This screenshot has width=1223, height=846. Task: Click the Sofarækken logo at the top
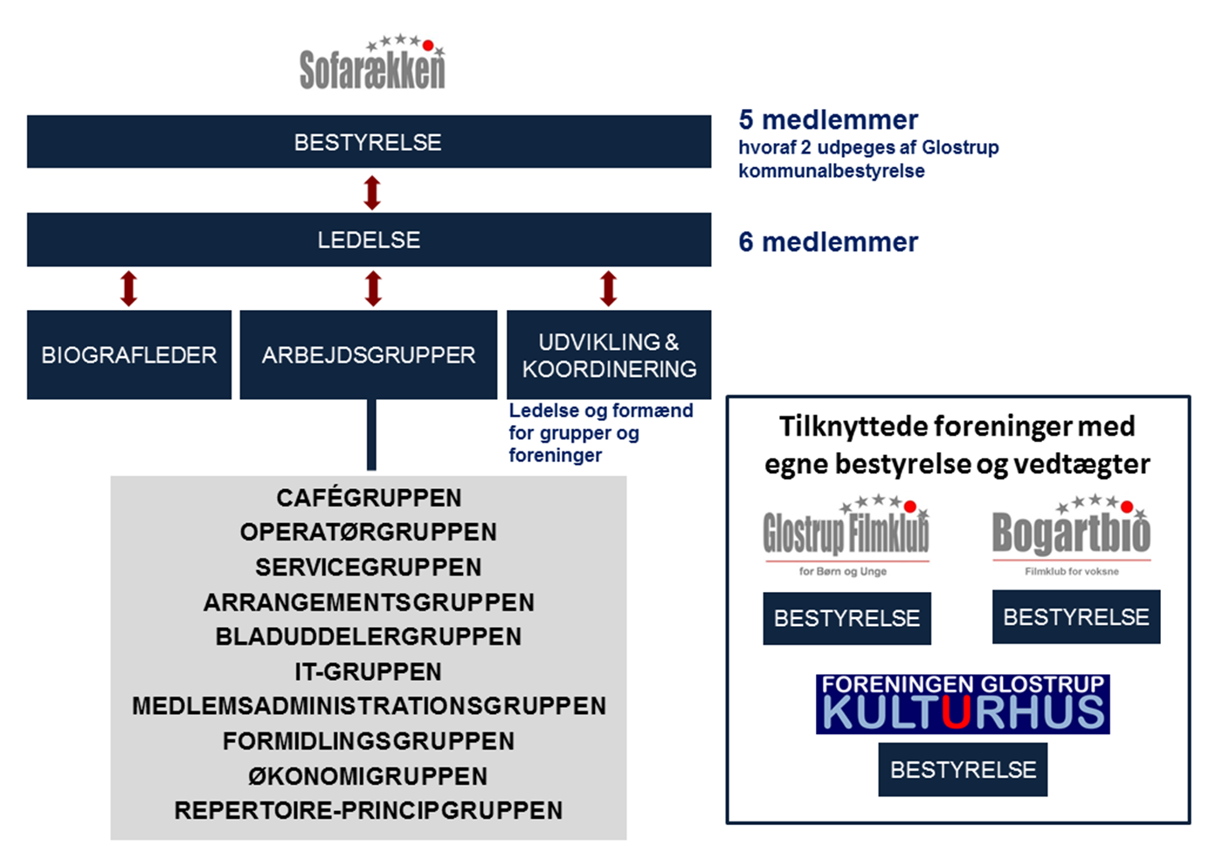tap(372, 62)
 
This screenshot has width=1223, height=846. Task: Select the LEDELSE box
tap(369, 239)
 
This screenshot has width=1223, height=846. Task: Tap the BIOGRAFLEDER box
tap(129, 354)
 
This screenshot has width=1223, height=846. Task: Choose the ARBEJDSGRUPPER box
tap(369, 354)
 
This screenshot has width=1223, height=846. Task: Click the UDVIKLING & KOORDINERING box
tap(609, 354)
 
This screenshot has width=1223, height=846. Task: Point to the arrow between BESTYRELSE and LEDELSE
tap(372, 193)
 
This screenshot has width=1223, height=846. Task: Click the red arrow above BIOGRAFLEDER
tap(129, 288)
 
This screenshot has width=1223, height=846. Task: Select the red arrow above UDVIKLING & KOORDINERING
tap(609, 288)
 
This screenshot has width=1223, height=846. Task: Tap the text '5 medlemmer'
tap(828, 120)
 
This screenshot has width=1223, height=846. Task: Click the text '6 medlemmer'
tap(828, 242)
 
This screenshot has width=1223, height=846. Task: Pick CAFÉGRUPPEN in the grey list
tap(369, 498)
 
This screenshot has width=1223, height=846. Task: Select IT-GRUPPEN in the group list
tap(369, 671)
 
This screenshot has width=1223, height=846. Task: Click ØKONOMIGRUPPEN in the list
tap(368, 775)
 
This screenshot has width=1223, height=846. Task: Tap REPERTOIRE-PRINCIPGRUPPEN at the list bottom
tap(369, 810)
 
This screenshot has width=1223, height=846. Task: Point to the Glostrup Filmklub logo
tap(846, 535)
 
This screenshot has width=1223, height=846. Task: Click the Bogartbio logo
tap(1072, 535)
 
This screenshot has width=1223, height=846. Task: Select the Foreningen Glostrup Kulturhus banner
tap(963, 704)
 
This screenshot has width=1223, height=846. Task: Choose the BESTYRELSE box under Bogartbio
tap(1076, 616)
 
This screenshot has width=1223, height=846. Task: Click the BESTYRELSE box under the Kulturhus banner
tap(963, 769)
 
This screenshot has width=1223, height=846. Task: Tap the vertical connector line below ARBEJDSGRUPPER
tap(371, 435)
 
